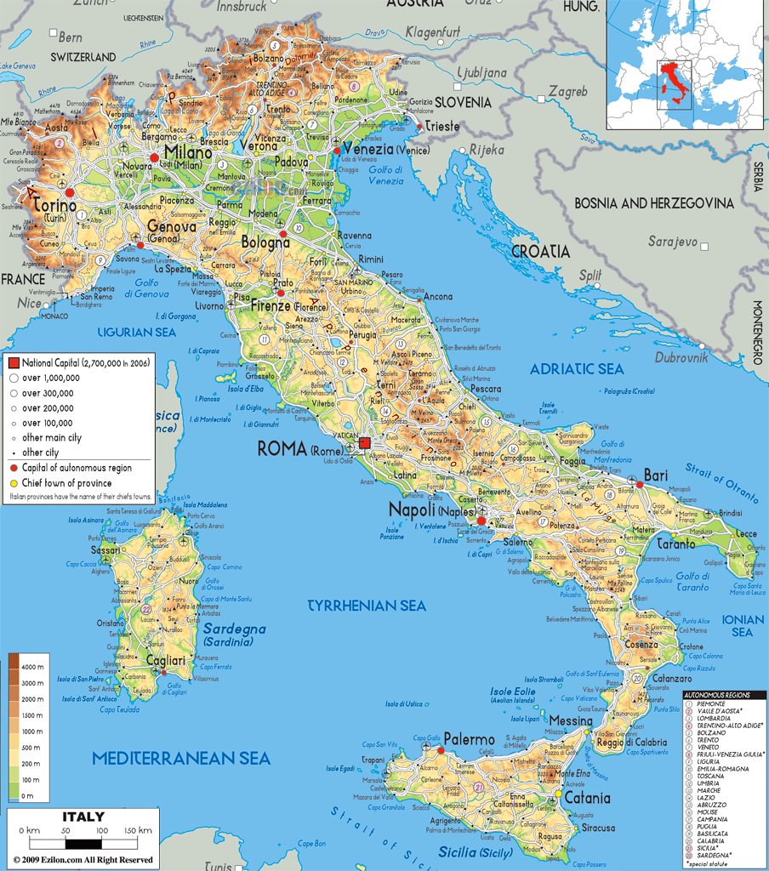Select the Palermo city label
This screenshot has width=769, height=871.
click(x=468, y=739)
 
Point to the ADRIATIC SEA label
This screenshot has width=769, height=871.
click(x=577, y=369)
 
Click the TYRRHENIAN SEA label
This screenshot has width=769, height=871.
click(x=366, y=606)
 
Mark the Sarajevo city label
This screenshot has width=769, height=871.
click(x=672, y=242)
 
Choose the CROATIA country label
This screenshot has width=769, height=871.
click(x=540, y=252)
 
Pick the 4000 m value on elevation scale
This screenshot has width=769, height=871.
click(x=32, y=666)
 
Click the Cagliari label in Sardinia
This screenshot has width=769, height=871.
click(x=165, y=661)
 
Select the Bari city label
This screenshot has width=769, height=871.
click(x=655, y=474)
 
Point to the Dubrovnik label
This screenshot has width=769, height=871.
click(x=681, y=357)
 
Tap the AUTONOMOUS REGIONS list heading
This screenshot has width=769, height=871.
click(x=724, y=695)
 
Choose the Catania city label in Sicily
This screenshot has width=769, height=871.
click(x=586, y=798)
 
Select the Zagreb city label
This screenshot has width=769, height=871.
click(x=567, y=91)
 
